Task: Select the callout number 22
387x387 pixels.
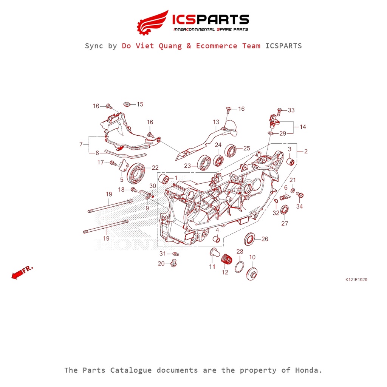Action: click(155, 167)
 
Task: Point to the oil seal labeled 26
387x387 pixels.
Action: click(250, 239)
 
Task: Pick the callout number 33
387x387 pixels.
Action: click(291, 110)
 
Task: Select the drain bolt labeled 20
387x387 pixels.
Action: click(174, 263)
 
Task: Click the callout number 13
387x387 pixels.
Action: click(216, 122)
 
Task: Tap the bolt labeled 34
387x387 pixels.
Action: click(301, 195)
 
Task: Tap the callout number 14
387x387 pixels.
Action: click(303, 127)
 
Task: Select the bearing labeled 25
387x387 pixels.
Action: click(231, 150)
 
